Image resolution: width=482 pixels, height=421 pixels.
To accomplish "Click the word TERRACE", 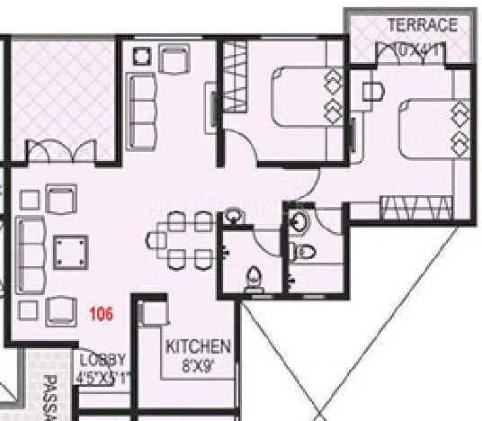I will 422,25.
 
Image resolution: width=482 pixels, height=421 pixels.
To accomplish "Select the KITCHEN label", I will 198,346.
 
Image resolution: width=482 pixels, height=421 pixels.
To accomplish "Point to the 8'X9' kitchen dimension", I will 198,366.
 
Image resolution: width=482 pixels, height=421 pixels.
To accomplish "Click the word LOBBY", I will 96,357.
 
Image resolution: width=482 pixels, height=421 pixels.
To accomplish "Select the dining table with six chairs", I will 180,240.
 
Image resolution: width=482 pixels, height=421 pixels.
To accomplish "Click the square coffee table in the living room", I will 68,249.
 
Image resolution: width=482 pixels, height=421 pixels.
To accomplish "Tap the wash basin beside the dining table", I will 234,216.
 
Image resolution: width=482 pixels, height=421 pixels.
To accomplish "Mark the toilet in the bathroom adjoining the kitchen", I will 253,276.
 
